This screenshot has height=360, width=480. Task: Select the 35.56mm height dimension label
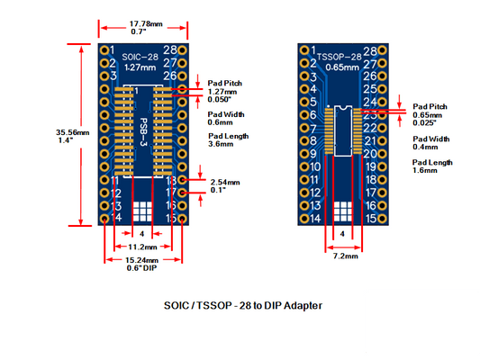coord(66,136)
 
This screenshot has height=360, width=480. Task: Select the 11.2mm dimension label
coord(143,246)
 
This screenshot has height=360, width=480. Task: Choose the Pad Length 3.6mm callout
coord(228,139)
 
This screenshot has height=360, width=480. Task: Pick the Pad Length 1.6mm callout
coord(432,166)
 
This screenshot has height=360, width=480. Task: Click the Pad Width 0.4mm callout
coord(431,142)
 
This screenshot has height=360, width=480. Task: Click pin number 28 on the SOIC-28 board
coord(169,50)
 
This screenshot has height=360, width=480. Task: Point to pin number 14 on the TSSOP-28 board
coord(313,219)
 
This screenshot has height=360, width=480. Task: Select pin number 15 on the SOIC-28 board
coord(169,219)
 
